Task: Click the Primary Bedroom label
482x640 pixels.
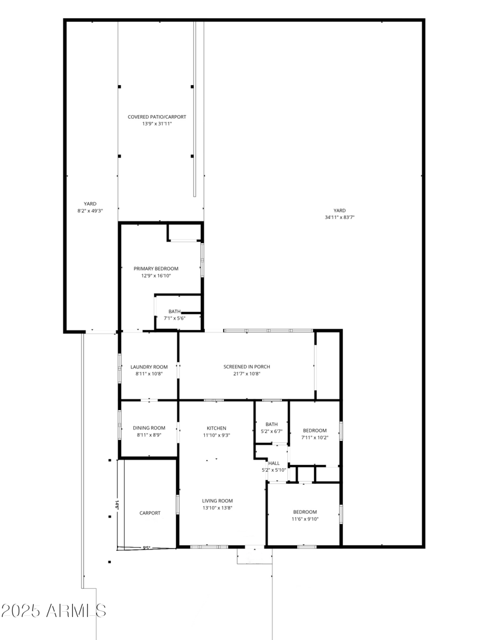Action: (x=156, y=268)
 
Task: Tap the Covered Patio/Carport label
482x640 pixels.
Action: (x=156, y=116)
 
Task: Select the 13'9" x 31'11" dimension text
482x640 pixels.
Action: (x=156, y=124)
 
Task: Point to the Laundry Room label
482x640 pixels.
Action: (x=149, y=367)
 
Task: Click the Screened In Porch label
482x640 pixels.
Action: (x=246, y=367)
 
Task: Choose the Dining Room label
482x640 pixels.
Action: (x=149, y=428)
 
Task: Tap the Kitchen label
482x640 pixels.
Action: (x=216, y=428)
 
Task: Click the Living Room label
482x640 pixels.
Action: (x=217, y=501)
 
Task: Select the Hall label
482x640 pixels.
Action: (x=274, y=463)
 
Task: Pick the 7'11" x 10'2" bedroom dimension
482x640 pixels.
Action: (x=315, y=437)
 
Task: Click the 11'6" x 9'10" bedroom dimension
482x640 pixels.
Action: (x=305, y=519)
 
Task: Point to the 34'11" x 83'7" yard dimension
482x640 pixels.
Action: (x=339, y=217)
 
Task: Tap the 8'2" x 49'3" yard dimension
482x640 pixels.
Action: (x=90, y=211)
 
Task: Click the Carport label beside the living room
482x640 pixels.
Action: (x=150, y=513)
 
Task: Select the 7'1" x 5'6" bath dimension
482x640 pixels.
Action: (x=174, y=318)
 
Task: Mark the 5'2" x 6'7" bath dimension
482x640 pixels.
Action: (x=272, y=431)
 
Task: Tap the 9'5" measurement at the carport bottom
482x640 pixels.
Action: (x=146, y=548)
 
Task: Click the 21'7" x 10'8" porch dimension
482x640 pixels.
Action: (x=246, y=373)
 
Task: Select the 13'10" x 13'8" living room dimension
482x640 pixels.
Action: (x=217, y=508)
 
